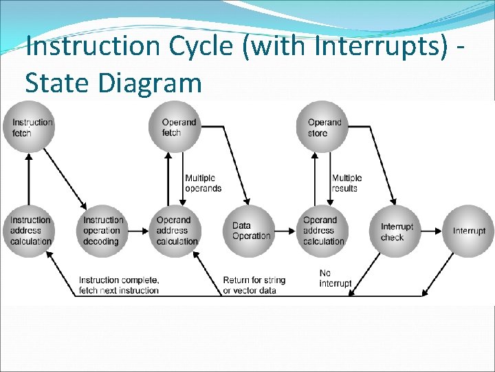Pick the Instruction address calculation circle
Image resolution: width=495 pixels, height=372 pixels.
pyautogui.click(x=30, y=231)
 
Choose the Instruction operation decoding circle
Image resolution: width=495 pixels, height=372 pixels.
pyautogui.click(x=102, y=231)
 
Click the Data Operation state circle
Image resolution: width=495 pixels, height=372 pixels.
pyautogui.click(x=250, y=231)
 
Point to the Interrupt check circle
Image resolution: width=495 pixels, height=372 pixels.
pyautogui.click(x=397, y=231)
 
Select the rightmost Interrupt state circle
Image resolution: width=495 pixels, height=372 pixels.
pyautogui.click(x=470, y=231)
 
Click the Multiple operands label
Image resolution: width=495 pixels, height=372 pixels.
pyautogui.click(x=203, y=183)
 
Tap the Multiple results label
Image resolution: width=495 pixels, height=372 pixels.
pyautogui.click(x=346, y=183)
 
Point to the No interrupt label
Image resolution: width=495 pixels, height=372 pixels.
pyautogui.click(x=335, y=278)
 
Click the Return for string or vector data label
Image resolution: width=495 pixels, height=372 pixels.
pyautogui.click(x=254, y=285)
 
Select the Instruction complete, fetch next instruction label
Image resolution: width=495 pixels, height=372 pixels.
pyautogui.click(x=118, y=285)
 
